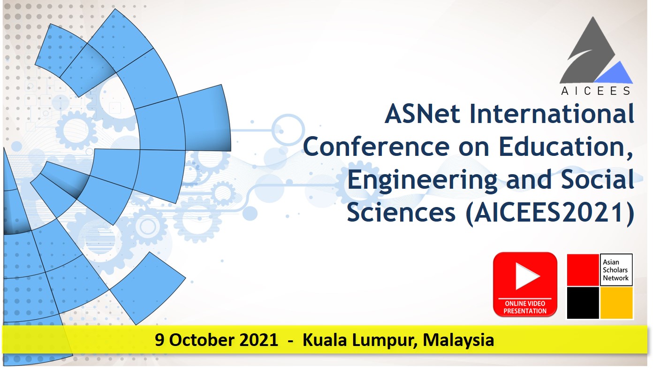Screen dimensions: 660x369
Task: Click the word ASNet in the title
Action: coord(422,114)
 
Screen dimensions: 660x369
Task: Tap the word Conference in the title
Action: coord(376,146)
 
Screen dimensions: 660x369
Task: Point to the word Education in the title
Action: coord(566,146)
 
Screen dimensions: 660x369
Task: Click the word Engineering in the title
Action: coord(422,180)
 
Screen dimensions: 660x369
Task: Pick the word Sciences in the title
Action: coord(401,213)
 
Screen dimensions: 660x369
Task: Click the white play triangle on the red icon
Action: coord(526,276)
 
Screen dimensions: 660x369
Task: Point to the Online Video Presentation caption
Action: coord(525,307)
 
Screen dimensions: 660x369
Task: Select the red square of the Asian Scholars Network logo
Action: coord(583,269)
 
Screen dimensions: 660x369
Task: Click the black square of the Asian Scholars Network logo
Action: coord(583,303)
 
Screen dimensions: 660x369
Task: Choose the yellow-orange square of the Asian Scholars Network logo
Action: coord(616,303)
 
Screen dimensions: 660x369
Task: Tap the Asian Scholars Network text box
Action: coord(616,269)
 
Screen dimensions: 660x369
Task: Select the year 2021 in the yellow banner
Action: coord(258,340)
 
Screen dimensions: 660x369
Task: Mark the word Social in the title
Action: coord(598,179)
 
